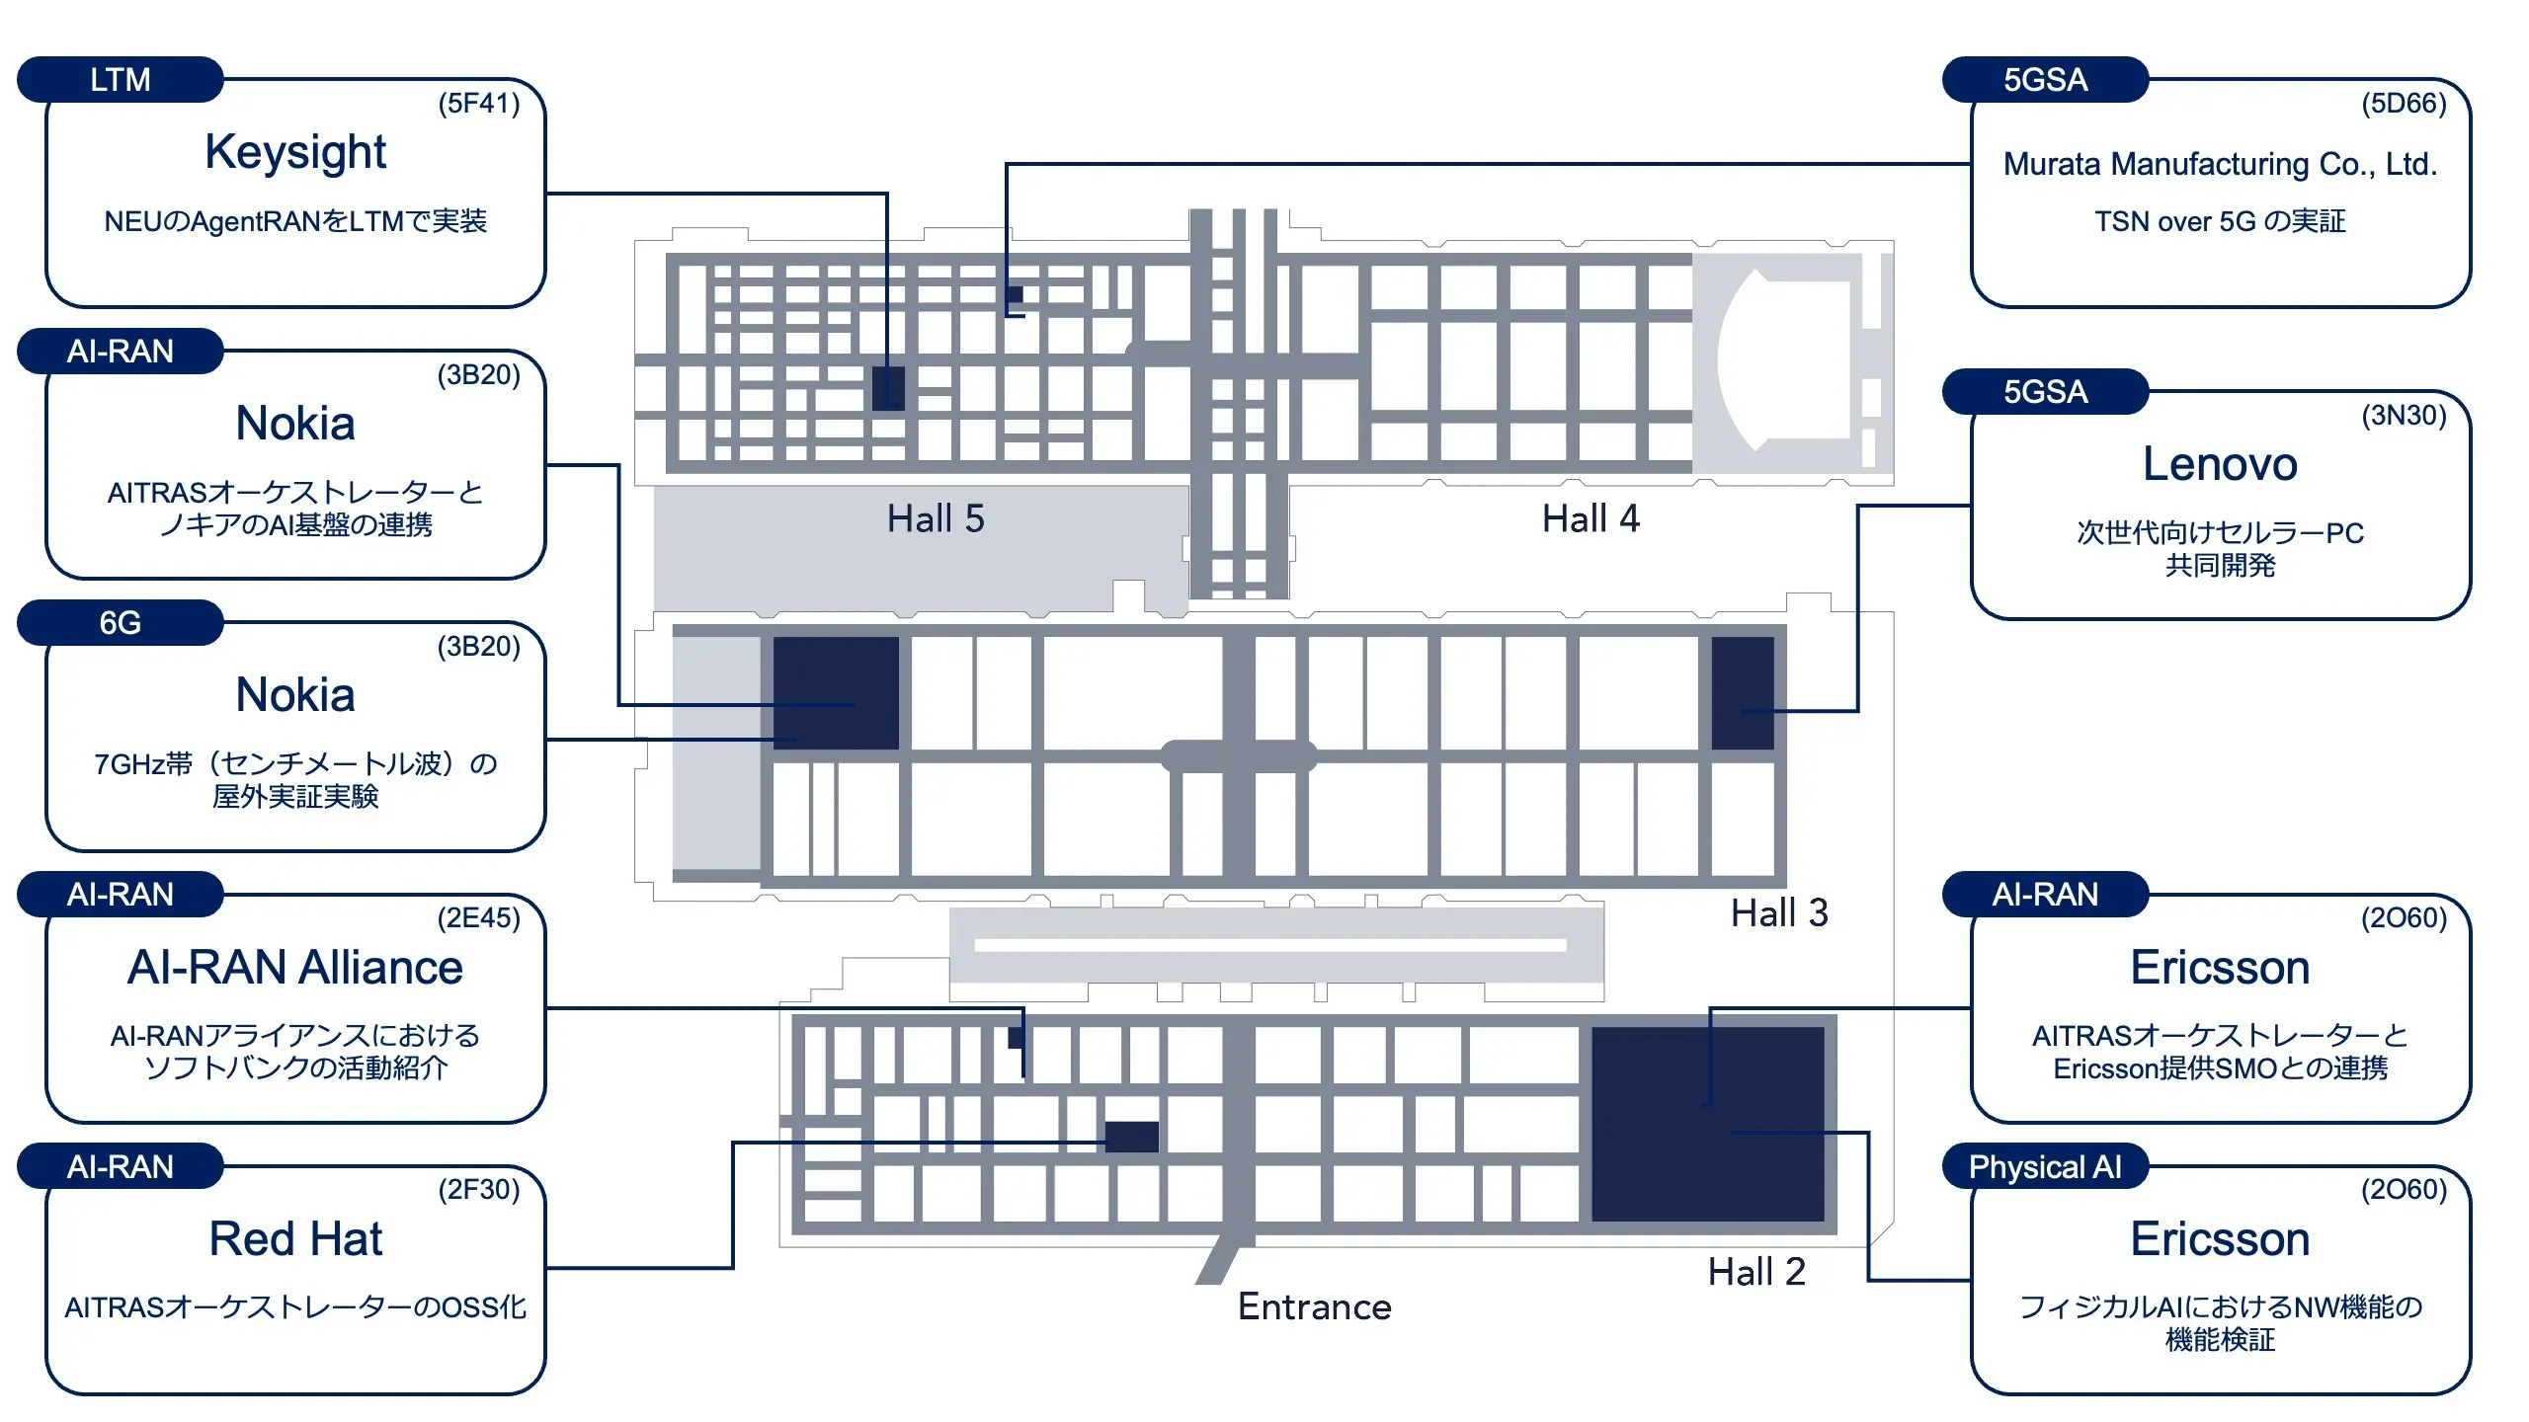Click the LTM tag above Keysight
(120, 80)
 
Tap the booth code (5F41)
(478, 104)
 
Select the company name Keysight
(295, 152)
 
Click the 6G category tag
(120, 623)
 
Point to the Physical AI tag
(2044, 1167)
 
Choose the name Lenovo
(2219, 464)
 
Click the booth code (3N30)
(2403, 416)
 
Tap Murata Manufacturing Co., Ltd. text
(2219, 164)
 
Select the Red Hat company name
(295, 1239)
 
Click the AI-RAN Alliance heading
(295, 968)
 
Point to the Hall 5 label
(935, 519)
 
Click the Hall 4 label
(1591, 519)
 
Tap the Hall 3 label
(1778, 913)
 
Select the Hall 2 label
(1756, 1272)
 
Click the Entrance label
(1314, 1307)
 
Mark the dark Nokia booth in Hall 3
(836, 693)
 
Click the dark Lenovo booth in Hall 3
(1742, 693)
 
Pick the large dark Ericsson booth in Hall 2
(1707, 1124)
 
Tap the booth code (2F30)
(478, 1190)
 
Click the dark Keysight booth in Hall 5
(888, 388)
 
